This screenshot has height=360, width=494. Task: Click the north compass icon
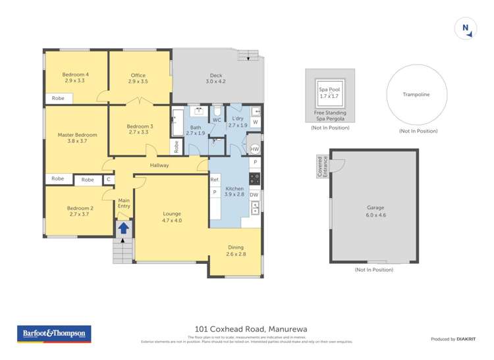[465, 28]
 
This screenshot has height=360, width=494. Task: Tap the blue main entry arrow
[123, 228]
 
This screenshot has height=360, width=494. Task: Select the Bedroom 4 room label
[76, 78]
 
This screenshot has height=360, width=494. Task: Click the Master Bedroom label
[77, 138]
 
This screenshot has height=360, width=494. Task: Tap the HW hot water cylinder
[254, 149]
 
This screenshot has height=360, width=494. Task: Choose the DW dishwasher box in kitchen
[254, 195]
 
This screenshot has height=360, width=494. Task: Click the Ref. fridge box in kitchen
[215, 180]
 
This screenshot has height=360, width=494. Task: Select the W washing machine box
[255, 122]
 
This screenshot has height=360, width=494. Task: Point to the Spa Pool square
[329, 93]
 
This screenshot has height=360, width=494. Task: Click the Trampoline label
[416, 95]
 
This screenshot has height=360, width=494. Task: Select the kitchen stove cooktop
[254, 178]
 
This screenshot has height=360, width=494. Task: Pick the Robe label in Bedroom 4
[58, 98]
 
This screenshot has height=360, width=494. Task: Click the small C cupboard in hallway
[108, 179]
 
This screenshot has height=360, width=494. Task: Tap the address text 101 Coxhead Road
[251, 329]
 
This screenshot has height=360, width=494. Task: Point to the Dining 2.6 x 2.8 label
[236, 251]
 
